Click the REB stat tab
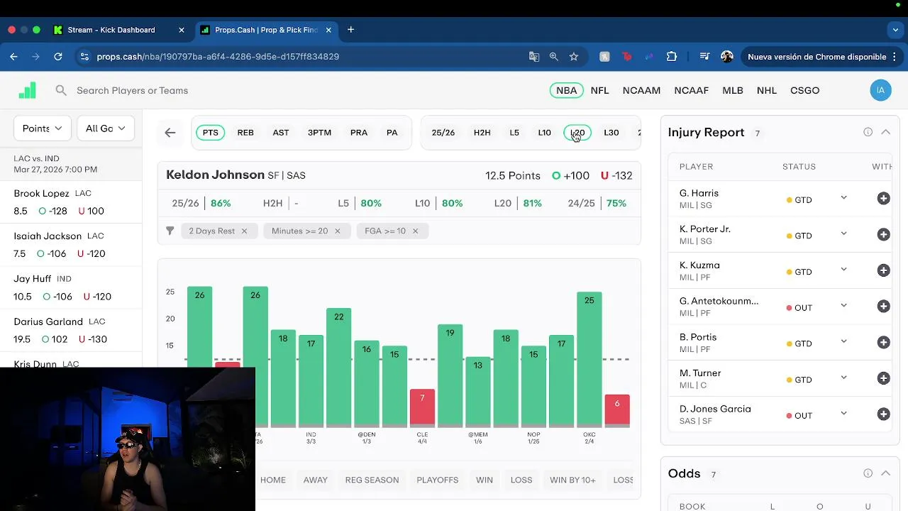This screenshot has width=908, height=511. tap(245, 133)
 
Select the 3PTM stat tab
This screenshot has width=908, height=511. tap(319, 133)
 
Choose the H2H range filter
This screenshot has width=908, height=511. tap(482, 133)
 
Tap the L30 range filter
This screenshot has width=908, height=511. tap(611, 133)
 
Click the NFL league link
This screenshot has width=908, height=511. tap(599, 90)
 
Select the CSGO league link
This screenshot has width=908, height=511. tap(804, 90)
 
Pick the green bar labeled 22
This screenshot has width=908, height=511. tap(338, 366)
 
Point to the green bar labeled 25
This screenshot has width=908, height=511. tap(589, 358)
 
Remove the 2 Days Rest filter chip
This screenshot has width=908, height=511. tap(244, 231)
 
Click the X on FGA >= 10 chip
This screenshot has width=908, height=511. tap(415, 231)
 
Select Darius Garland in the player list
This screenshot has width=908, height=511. tap(48, 322)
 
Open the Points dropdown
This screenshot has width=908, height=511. tap(42, 128)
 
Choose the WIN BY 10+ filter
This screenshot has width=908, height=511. tap(572, 480)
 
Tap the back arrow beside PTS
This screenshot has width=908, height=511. tap(170, 133)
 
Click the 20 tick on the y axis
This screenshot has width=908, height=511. tap(170, 319)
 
